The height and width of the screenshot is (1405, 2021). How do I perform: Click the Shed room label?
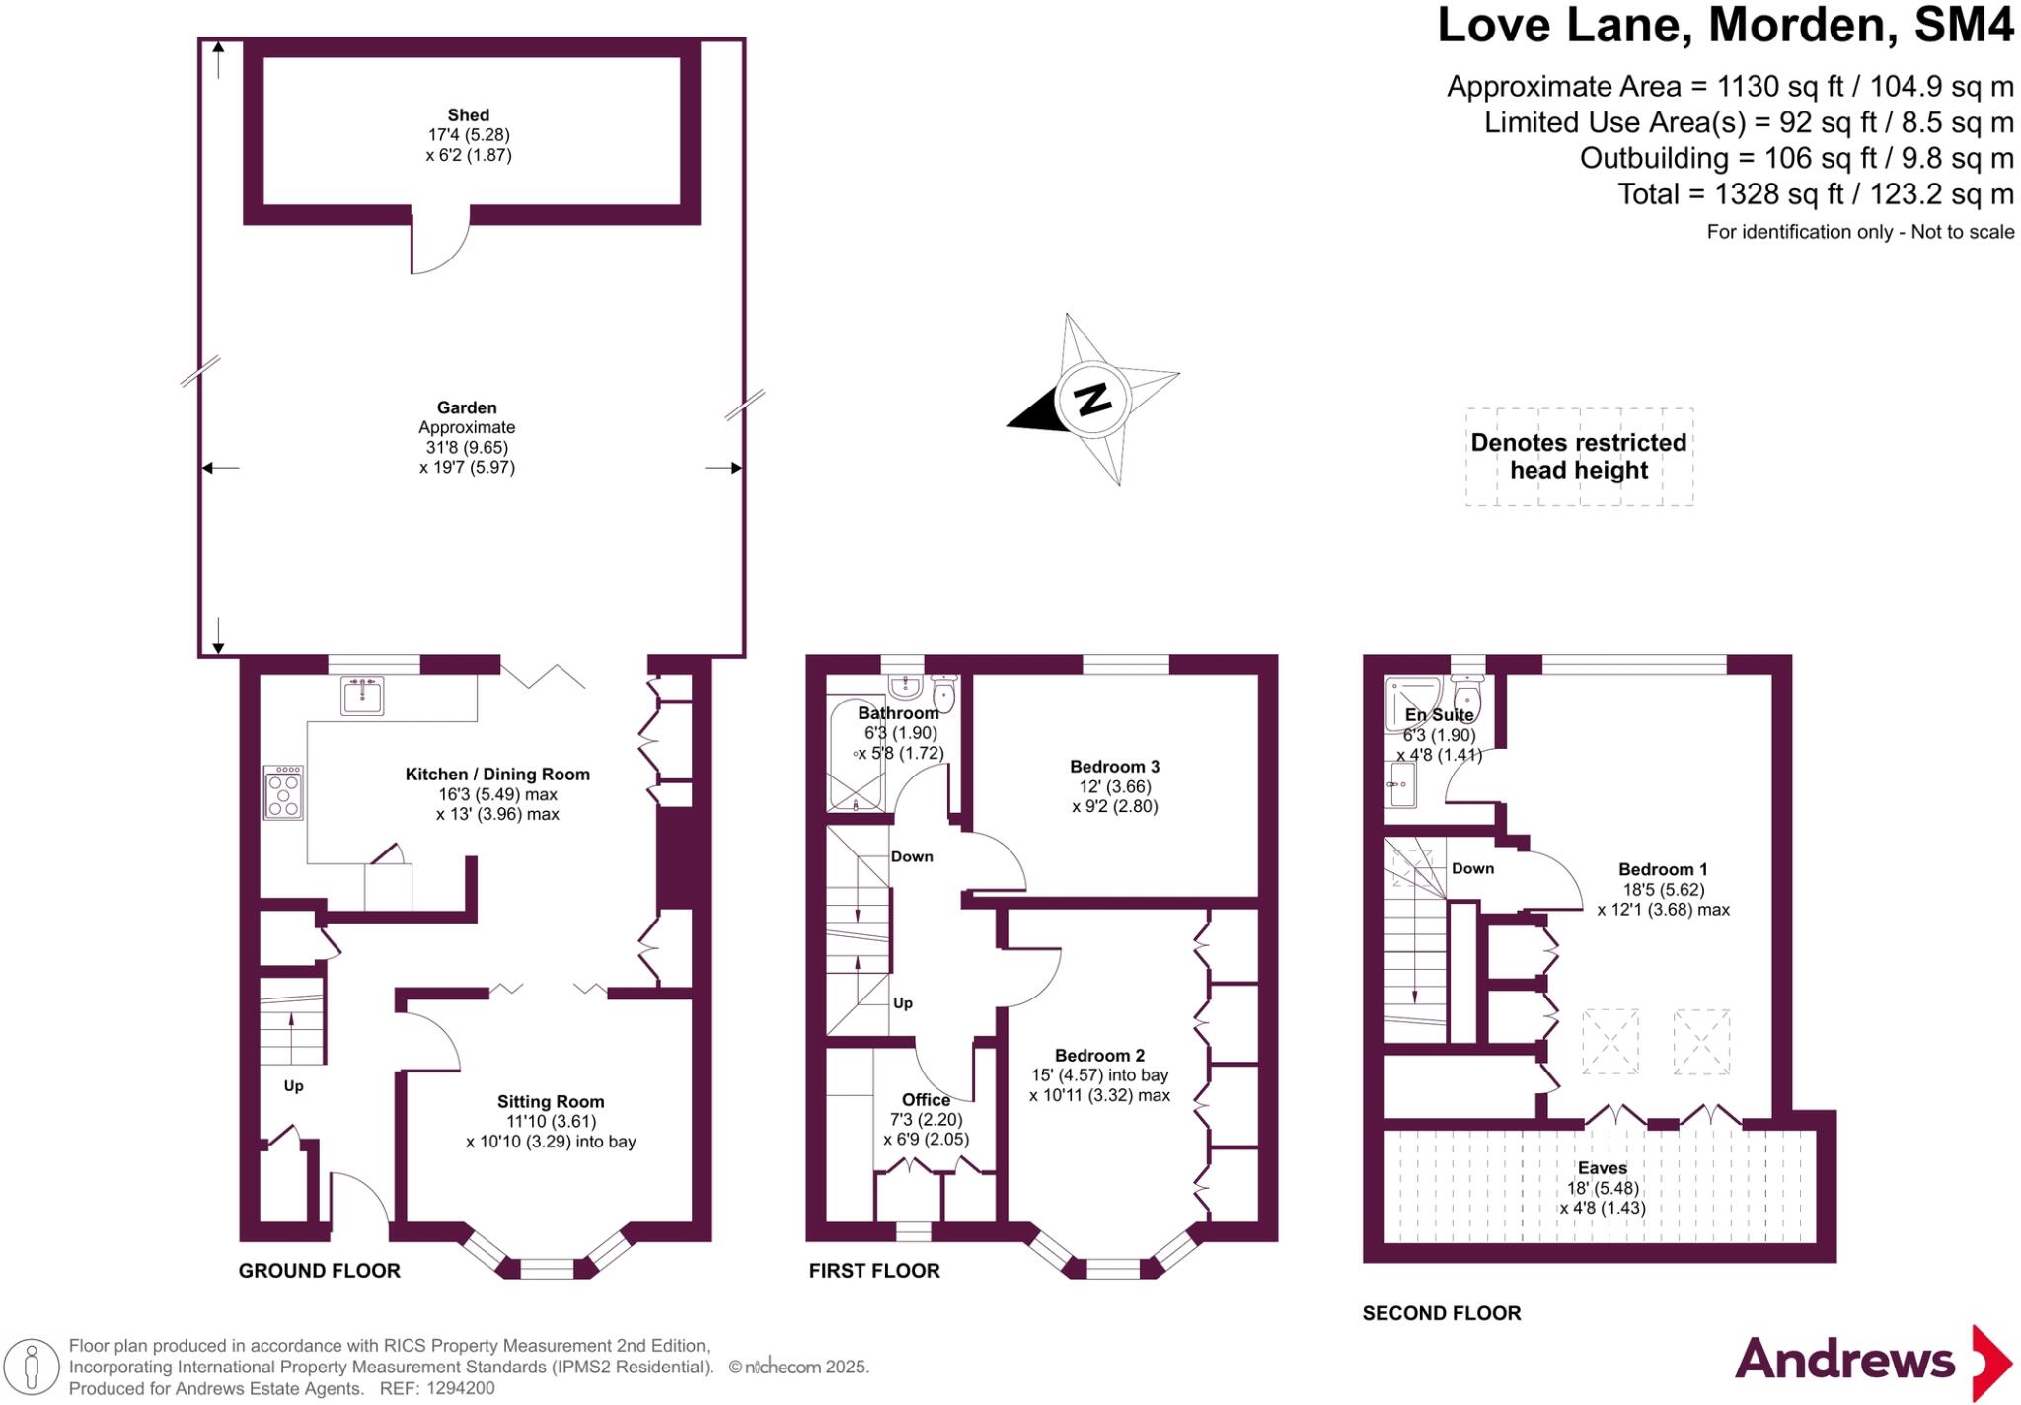click(x=468, y=115)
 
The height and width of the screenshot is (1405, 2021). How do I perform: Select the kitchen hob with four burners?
click(x=283, y=792)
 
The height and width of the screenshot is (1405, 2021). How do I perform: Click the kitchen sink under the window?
click(x=362, y=696)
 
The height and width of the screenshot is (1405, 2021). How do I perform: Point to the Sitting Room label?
click(x=551, y=1102)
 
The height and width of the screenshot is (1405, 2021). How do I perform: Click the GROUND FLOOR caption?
click(x=319, y=1271)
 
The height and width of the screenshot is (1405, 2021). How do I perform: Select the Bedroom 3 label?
click(x=1114, y=767)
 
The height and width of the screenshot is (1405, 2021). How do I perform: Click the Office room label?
click(x=926, y=1100)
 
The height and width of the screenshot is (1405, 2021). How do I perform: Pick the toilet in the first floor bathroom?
click(x=944, y=693)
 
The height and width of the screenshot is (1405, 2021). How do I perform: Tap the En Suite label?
click(x=1439, y=715)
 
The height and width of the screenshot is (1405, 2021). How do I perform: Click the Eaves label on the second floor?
click(x=1602, y=1168)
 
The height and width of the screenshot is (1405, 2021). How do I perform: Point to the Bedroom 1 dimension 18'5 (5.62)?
click(x=1663, y=890)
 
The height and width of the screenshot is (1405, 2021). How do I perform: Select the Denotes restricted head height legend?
click(x=1578, y=457)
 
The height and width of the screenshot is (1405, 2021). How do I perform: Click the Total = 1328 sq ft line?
click(x=1815, y=194)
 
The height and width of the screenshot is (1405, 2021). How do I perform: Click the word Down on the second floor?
click(x=1472, y=869)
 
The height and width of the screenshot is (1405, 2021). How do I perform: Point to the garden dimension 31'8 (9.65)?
click(x=467, y=447)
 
